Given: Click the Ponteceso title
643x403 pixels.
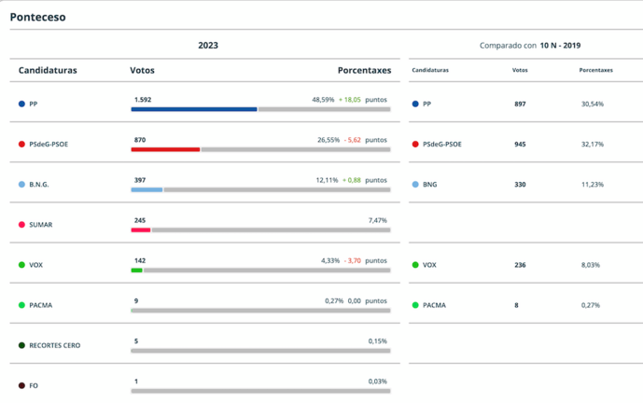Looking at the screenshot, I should pyautogui.click(x=38, y=17).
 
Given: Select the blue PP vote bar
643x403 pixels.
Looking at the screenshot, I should pyautogui.click(x=194, y=109).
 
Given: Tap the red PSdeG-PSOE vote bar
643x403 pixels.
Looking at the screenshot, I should pyautogui.click(x=165, y=149).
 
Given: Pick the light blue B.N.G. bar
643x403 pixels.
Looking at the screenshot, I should pyautogui.click(x=147, y=189).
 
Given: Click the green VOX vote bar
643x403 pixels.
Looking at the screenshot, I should pyautogui.click(x=136, y=271).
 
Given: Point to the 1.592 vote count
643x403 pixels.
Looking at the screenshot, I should pyautogui.click(x=143, y=99).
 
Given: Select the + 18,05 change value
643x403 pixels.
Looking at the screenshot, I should pyautogui.click(x=351, y=99).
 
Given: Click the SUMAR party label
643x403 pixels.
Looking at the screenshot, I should pyautogui.click(x=42, y=225).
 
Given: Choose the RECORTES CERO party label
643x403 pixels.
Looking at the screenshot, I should pyautogui.click(x=55, y=345).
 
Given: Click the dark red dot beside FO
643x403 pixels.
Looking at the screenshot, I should pyautogui.click(x=21, y=385).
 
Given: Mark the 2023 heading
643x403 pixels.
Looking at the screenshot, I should pyautogui.click(x=208, y=45).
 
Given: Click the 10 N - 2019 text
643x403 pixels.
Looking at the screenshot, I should pyautogui.click(x=560, y=45).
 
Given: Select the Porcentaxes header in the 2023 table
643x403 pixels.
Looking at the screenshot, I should pyautogui.click(x=364, y=70).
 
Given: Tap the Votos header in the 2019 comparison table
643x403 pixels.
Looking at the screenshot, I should pyautogui.click(x=520, y=70).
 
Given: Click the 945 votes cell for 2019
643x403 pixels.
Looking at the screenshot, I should pyautogui.click(x=520, y=145).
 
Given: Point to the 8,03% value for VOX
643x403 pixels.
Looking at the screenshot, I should pyautogui.click(x=591, y=265).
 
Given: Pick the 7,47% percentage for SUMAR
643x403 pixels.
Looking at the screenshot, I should pyautogui.click(x=378, y=220).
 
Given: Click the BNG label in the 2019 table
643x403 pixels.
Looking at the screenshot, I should pyautogui.click(x=429, y=185).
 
